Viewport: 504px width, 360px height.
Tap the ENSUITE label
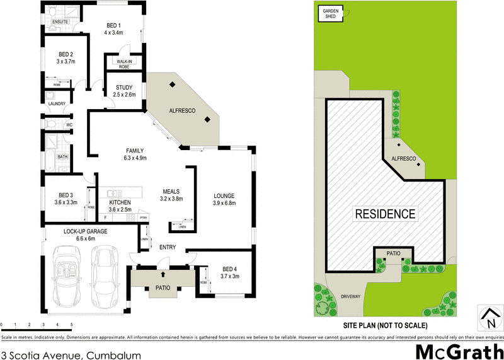[60, 21]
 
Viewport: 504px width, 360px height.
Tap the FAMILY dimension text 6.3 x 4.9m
[136, 158]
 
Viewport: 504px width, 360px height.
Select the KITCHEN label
[120, 202]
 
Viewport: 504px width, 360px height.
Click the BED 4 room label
[229, 269]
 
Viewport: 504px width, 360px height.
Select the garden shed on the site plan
[331, 13]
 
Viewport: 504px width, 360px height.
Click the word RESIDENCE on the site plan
[386, 214]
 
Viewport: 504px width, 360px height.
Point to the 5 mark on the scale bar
[71, 325]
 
